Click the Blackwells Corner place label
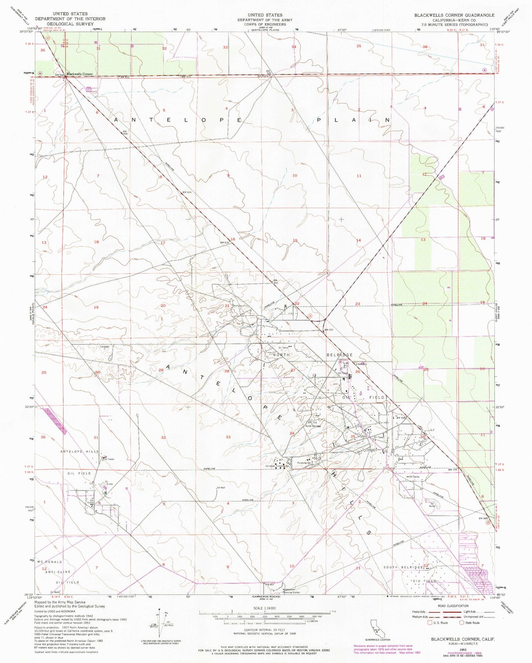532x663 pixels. click(79, 74)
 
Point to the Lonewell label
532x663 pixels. click(104, 346)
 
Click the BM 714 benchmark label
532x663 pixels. click(312, 423)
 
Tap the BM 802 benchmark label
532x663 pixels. click(270, 584)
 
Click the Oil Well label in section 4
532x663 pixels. click(221, 488)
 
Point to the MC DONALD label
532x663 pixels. click(50, 562)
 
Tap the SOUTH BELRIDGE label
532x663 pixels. click(404, 567)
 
